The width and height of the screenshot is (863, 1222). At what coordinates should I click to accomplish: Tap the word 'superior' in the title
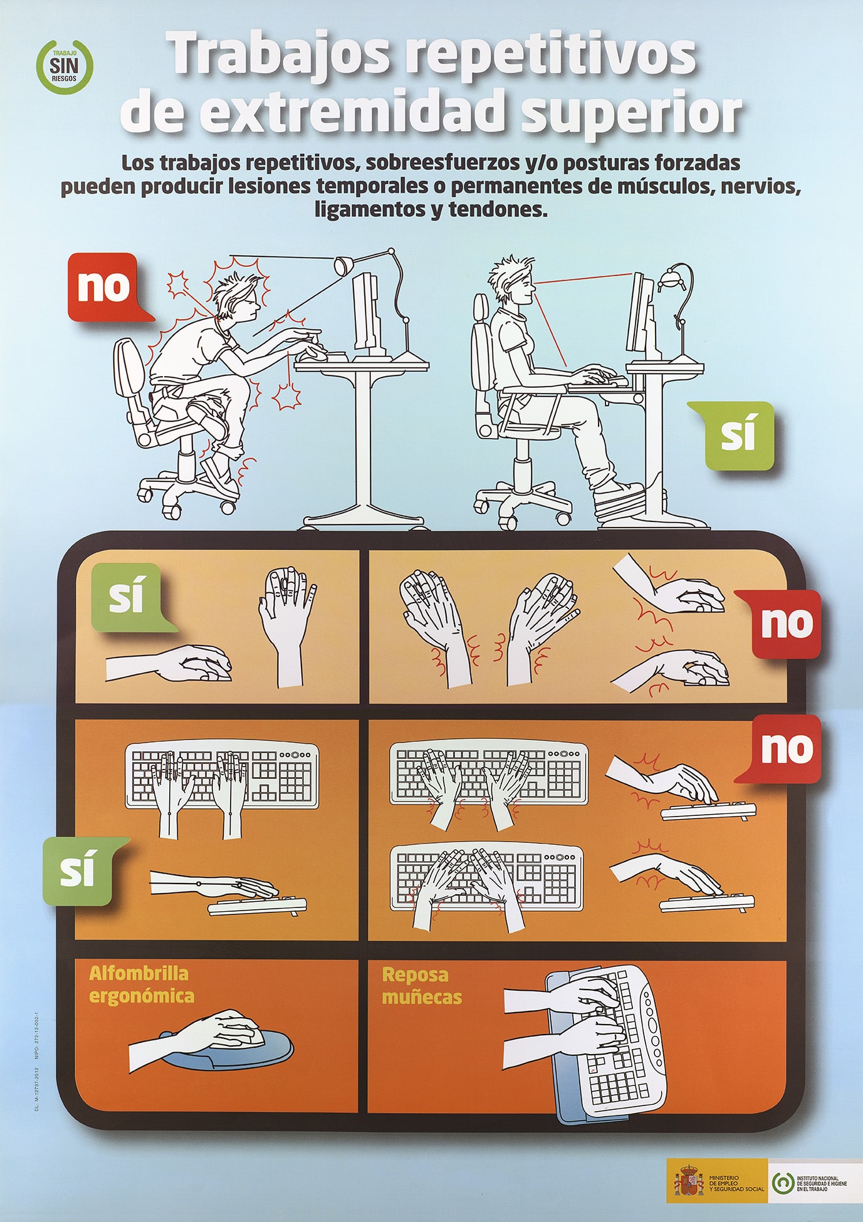pos(630,112)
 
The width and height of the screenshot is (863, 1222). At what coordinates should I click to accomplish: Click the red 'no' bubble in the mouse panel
pos(786,624)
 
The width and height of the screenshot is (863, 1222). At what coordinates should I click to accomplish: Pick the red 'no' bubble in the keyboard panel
pos(786,749)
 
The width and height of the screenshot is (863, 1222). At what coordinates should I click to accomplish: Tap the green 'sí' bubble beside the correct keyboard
pos(78,871)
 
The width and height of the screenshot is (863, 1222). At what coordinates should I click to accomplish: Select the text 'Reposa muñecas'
pos(422,986)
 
